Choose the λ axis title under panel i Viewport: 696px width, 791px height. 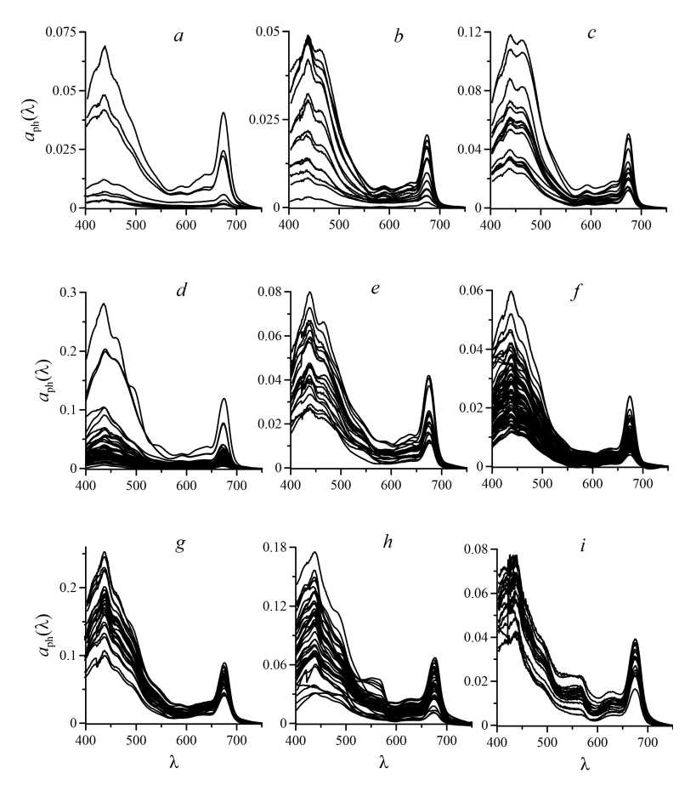pos(586,764)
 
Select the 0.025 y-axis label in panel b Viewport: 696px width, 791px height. pos(265,120)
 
